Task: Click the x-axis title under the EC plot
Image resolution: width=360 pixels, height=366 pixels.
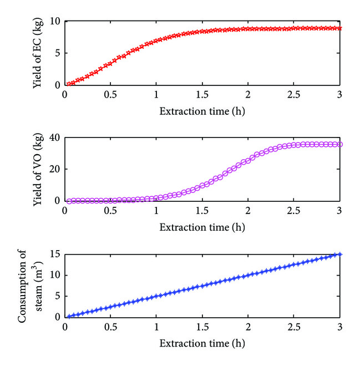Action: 202,111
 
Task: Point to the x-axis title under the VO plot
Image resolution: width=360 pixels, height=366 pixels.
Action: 202,227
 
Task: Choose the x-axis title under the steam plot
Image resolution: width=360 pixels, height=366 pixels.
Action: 202,343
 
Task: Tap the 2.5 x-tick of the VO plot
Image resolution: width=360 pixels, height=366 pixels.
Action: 295,211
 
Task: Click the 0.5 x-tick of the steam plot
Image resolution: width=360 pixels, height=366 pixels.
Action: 111,327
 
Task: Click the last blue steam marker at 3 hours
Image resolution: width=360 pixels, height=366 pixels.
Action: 340,255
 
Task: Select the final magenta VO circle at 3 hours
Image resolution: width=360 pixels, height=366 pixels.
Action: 340,144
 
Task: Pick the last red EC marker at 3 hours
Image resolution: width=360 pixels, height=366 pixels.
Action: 340,28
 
